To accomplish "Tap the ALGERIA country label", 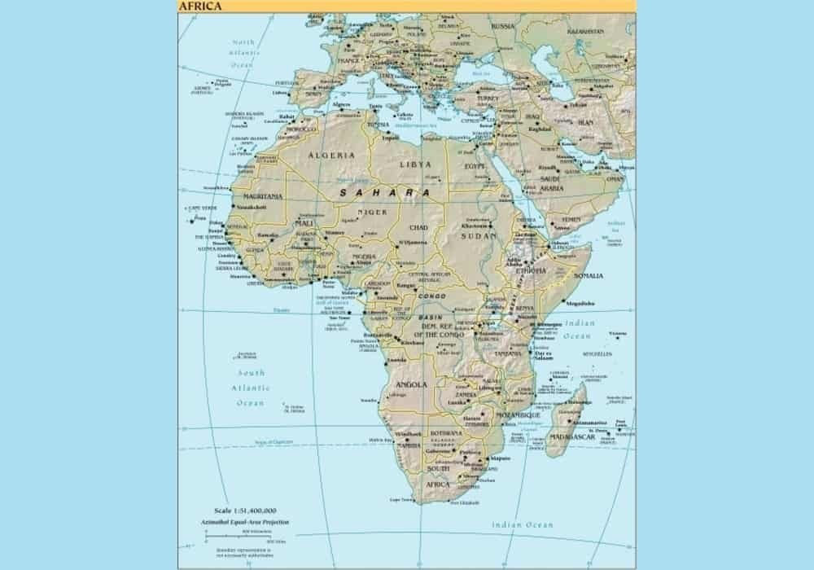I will pos(330,154).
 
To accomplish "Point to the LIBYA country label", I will pos(415,164).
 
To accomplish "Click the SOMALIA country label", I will pos(589,276).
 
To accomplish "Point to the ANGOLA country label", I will pos(406,384).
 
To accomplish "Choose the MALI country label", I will pos(304,222).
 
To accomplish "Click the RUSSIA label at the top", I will pos(503,25).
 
